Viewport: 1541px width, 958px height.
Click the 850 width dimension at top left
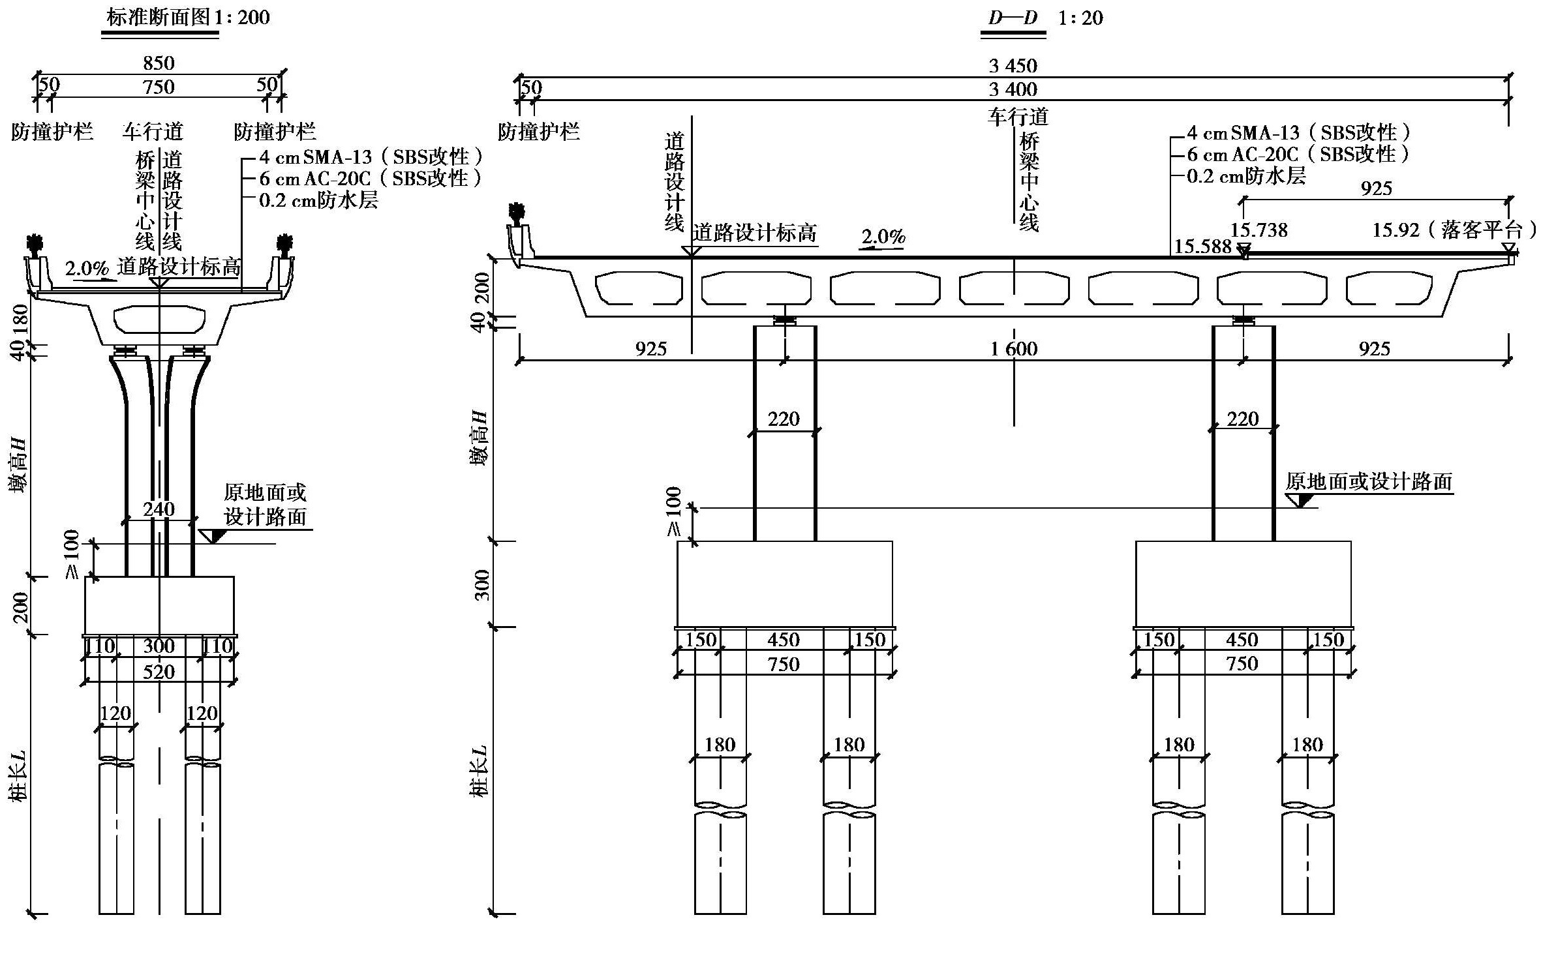coord(159,63)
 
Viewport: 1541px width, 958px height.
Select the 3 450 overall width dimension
coord(1013,66)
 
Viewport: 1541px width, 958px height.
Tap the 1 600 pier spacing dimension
coord(1014,349)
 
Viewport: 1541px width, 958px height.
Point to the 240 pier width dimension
coord(159,509)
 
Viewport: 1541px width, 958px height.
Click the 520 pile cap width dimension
coord(159,672)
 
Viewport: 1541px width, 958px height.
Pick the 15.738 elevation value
coord(1259,230)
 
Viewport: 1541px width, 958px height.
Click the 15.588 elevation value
coord(1203,247)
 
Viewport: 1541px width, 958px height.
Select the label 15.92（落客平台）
coord(1454,230)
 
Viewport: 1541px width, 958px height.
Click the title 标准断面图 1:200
coord(188,17)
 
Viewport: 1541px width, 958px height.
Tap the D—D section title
coord(1013,18)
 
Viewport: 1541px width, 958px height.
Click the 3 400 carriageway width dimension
coord(1013,89)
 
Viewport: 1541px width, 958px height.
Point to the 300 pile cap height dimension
coord(482,584)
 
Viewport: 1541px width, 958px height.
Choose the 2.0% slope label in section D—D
coord(883,236)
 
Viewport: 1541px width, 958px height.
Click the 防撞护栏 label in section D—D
coord(538,132)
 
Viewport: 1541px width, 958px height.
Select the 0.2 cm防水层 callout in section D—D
coord(1246,176)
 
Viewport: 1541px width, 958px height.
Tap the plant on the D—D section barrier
coord(518,214)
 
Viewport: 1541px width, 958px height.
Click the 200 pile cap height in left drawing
coord(22,606)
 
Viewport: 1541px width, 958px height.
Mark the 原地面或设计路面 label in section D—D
coord(1369,482)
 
